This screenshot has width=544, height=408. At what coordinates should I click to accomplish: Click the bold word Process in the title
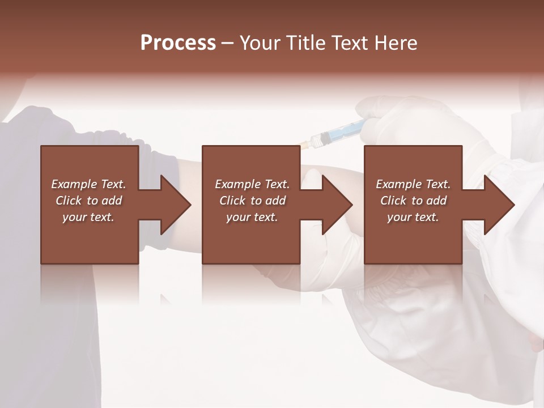(178, 43)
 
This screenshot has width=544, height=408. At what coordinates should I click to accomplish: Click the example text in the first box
(89, 201)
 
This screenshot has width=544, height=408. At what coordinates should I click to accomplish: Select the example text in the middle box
(252, 201)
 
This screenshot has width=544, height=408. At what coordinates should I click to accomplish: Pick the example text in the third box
(413, 201)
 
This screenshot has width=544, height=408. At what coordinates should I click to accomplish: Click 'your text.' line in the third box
(413, 217)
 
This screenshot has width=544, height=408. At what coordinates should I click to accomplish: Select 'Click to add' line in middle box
(252, 201)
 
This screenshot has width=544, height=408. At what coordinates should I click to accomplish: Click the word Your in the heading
(260, 43)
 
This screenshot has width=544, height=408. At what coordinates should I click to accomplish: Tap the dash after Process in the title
(227, 44)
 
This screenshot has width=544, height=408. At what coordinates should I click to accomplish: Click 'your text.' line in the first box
(89, 217)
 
